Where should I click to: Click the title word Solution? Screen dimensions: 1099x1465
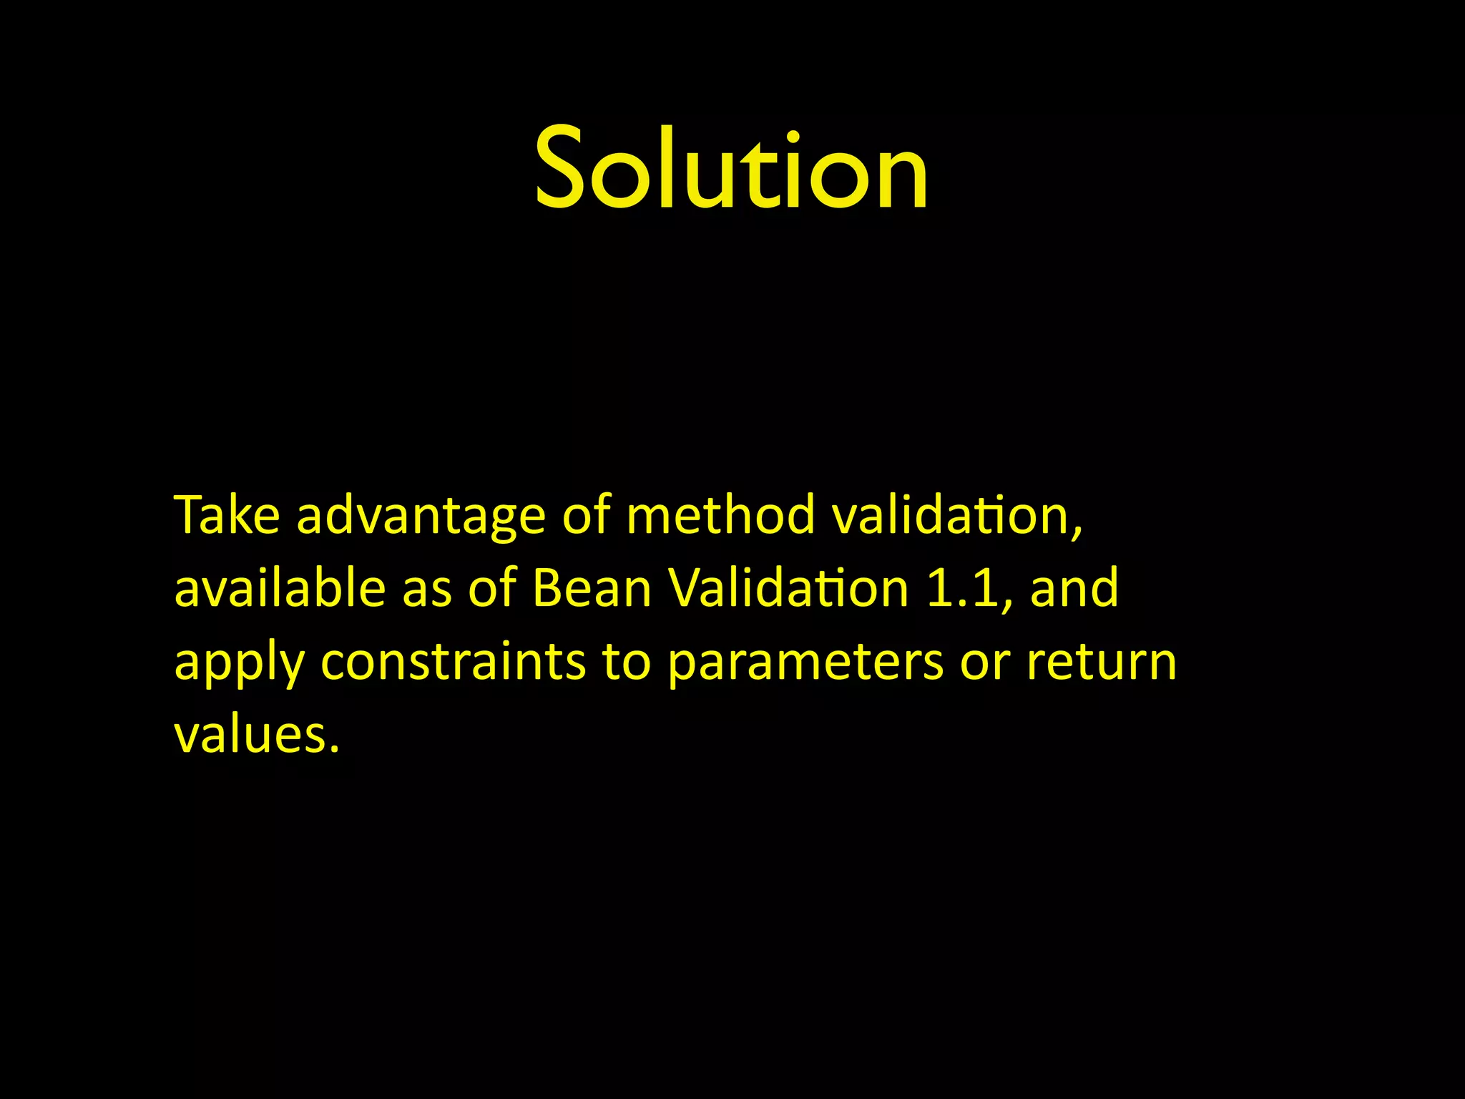pyautogui.click(x=731, y=169)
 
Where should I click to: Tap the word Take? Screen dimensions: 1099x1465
pyautogui.click(x=226, y=515)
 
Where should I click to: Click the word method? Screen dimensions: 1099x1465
pyautogui.click(x=720, y=515)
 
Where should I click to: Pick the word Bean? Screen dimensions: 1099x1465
pyautogui.click(x=592, y=588)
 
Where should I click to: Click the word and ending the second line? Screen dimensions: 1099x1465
pyautogui.click(x=1074, y=588)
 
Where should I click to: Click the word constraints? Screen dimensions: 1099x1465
pyautogui.click(x=453, y=661)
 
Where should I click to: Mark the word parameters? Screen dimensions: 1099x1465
pyautogui.click(x=805, y=663)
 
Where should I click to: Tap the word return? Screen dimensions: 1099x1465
pyautogui.click(x=1102, y=661)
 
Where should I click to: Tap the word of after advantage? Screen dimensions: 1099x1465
pyautogui.click(x=586, y=515)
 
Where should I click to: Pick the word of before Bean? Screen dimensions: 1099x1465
pyautogui.click(x=492, y=588)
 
